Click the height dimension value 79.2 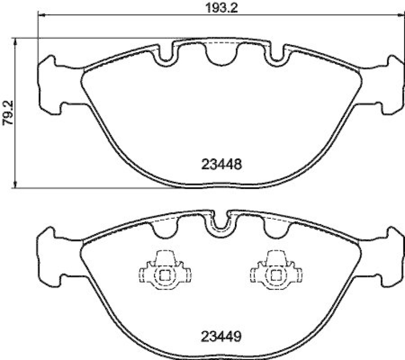pos(7,112)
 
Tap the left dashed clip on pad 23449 pos(163,271)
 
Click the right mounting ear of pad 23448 pos(391,85)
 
